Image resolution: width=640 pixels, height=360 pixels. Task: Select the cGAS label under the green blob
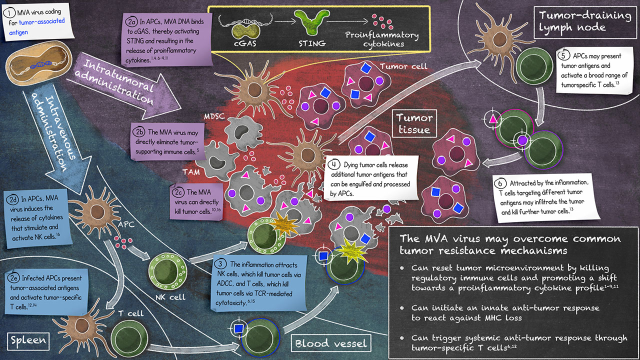click(246, 43)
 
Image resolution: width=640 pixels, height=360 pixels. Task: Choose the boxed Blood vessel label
click(331, 343)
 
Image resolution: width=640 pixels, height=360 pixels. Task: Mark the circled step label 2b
click(139, 133)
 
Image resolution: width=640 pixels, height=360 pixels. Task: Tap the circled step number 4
click(333, 164)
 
